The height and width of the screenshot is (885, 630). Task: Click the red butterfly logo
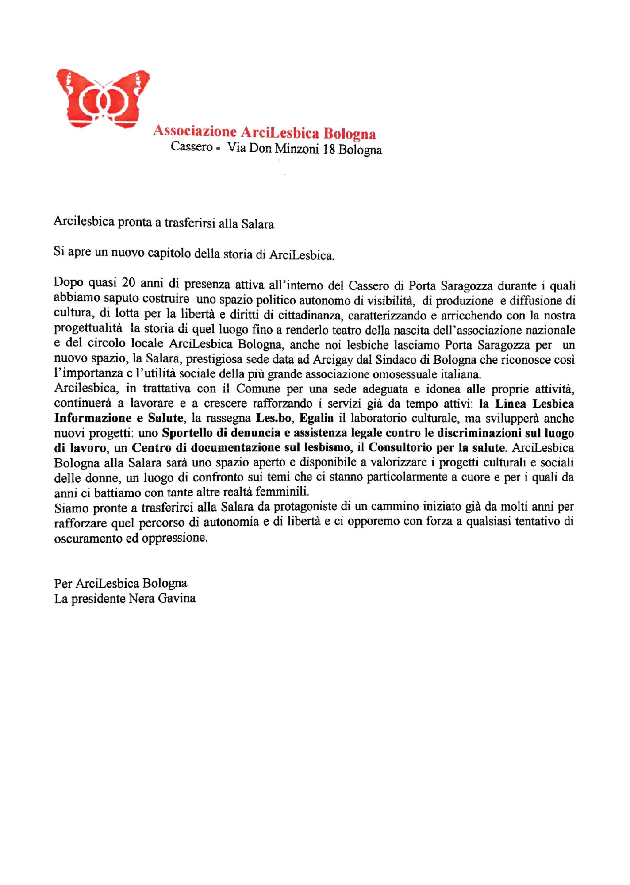[103, 98]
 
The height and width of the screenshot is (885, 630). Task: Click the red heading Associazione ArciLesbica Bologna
[264, 132]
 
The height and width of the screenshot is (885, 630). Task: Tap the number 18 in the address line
[329, 149]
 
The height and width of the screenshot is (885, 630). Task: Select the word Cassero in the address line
[192, 146]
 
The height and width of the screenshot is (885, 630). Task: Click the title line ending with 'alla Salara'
[164, 223]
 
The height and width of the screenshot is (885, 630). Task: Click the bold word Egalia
[316, 418]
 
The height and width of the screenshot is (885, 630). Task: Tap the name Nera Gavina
[162, 599]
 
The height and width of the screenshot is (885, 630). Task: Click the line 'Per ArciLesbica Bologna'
[120, 583]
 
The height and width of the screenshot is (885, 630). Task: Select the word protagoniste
[290, 507]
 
